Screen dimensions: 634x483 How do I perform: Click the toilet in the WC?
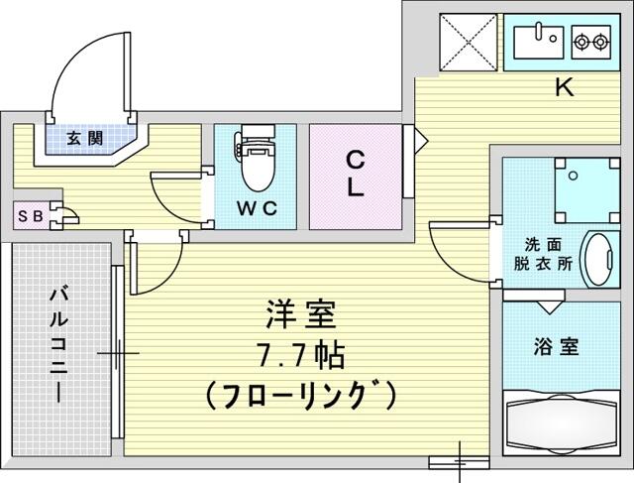[256, 158]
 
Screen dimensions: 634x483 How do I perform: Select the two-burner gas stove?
[590, 42]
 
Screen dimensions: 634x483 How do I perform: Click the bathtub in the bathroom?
[562, 422]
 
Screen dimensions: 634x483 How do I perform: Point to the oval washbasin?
[597, 259]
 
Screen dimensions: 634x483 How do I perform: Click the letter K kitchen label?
[564, 86]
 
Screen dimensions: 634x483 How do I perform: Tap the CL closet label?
[355, 174]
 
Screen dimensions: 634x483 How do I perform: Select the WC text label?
[258, 208]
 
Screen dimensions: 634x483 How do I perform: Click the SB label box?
[31, 216]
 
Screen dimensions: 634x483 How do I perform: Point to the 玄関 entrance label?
[85, 139]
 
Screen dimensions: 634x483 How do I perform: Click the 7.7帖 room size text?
[300, 356]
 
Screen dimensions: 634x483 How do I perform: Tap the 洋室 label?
[301, 314]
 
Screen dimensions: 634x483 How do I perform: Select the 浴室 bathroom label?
[556, 346]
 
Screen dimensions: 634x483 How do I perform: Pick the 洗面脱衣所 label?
[543, 254]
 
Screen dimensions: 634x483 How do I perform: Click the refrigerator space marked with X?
[469, 43]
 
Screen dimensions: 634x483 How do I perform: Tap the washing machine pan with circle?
[587, 190]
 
